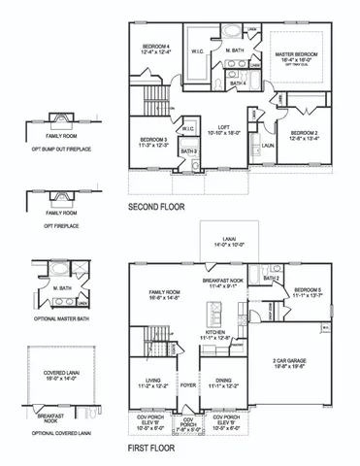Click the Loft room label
pyautogui.click(x=224, y=128)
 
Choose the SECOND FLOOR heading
pyautogui.click(x=156, y=208)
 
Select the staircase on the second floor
pyautogui.click(x=155, y=98)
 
